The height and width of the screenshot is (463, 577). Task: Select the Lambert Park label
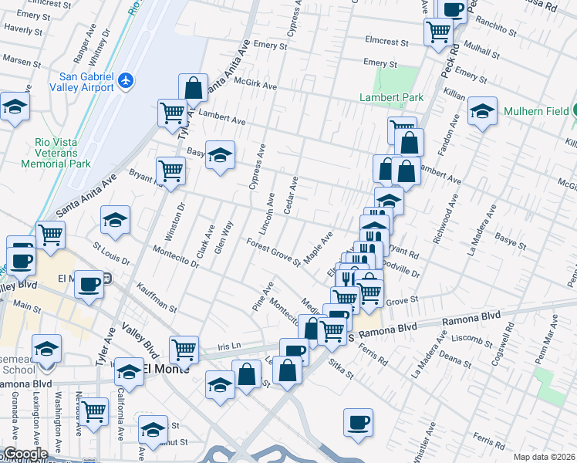pyautogui.click(x=391, y=98)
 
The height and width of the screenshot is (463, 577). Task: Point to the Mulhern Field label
pyautogui.click(x=535, y=111)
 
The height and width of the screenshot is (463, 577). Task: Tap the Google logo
pyautogui.click(x=25, y=454)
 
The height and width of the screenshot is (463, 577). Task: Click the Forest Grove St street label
pyautogui.click(x=273, y=252)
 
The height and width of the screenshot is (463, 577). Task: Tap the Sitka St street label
pyautogui.click(x=340, y=369)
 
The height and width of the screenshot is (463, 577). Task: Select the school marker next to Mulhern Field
pyautogui.click(x=482, y=112)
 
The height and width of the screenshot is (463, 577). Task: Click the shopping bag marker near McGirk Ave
pyautogui.click(x=193, y=87)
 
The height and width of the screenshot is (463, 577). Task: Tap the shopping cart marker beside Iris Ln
pyautogui.click(x=184, y=350)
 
